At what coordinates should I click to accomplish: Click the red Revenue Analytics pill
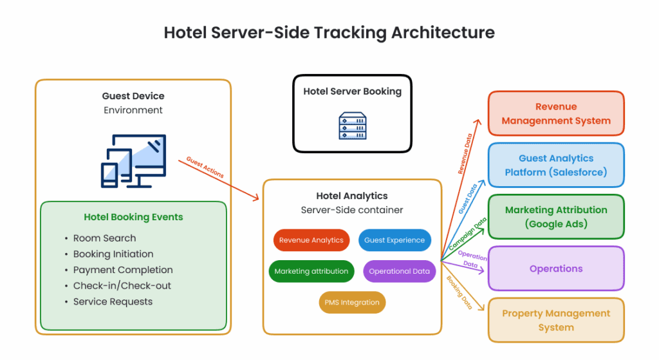click(x=311, y=240)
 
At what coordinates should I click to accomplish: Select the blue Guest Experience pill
click(x=394, y=240)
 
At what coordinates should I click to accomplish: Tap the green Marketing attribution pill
click(x=311, y=271)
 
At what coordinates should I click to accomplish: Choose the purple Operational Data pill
click(x=399, y=271)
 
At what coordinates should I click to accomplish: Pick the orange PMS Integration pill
click(x=352, y=303)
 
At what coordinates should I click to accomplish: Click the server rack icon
click(x=353, y=126)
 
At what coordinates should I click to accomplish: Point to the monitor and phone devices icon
click(x=134, y=161)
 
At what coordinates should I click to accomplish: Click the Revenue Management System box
click(x=556, y=113)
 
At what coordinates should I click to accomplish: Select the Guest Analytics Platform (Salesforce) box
click(x=556, y=166)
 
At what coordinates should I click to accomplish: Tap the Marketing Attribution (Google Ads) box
click(x=556, y=217)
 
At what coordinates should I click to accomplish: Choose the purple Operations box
click(x=556, y=269)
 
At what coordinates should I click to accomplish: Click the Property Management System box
click(x=556, y=321)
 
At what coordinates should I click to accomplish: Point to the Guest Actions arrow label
click(x=205, y=167)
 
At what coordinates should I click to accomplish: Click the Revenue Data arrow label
click(x=465, y=154)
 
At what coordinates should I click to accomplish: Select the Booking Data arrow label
click(x=459, y=293)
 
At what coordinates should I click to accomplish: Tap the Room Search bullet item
click(x=105, y=238)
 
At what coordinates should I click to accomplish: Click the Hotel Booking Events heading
click(x=133, y=217)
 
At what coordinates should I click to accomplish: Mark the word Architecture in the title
click(x=443, y=32)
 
